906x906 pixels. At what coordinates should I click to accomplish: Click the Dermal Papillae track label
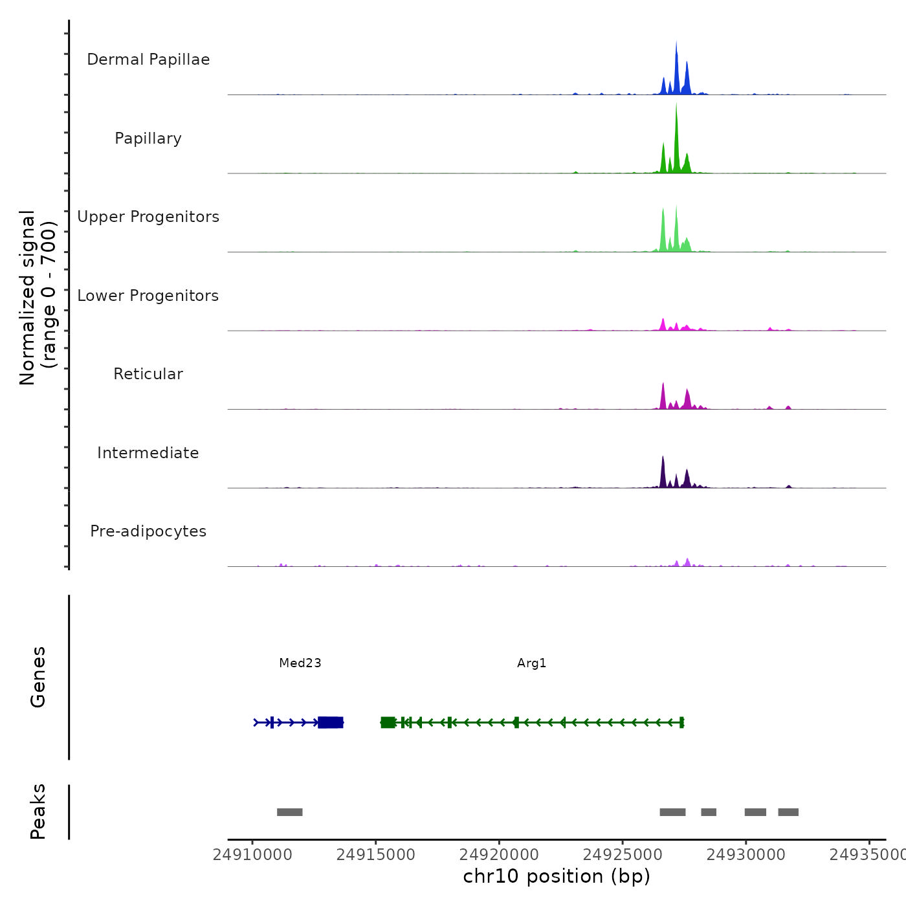click(x=148, y=60)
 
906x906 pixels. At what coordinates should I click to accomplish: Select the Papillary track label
click(x=148, y=138)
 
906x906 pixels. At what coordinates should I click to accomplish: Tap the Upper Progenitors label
click(x=148, y=217)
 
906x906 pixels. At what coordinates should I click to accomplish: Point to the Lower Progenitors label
click(x=148, y=296)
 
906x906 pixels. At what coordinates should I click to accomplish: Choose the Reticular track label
click(x=148, y=374)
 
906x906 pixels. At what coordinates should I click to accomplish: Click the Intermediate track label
click(x=148, y=453)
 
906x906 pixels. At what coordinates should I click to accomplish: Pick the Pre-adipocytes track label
click(x=148, y=531)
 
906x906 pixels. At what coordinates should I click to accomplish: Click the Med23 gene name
click(x=300, y=663)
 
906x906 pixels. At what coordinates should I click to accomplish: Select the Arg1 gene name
click(x=532, y=663)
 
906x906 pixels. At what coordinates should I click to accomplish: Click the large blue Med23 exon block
click(x=331, y=722)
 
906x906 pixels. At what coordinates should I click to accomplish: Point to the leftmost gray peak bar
click(x=289, y=812)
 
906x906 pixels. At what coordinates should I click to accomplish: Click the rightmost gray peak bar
click(x=788, y=812)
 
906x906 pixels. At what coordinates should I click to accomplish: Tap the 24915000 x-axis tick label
click(x=376, y=855)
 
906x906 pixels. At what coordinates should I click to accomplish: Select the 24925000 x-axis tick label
click(x=623, y=855)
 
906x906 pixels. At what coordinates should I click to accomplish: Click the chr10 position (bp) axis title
click(x=557, y=876)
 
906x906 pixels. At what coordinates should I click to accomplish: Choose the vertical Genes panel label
click(x=38, y=677)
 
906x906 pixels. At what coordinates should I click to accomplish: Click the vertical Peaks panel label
click(x=38, y=812)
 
